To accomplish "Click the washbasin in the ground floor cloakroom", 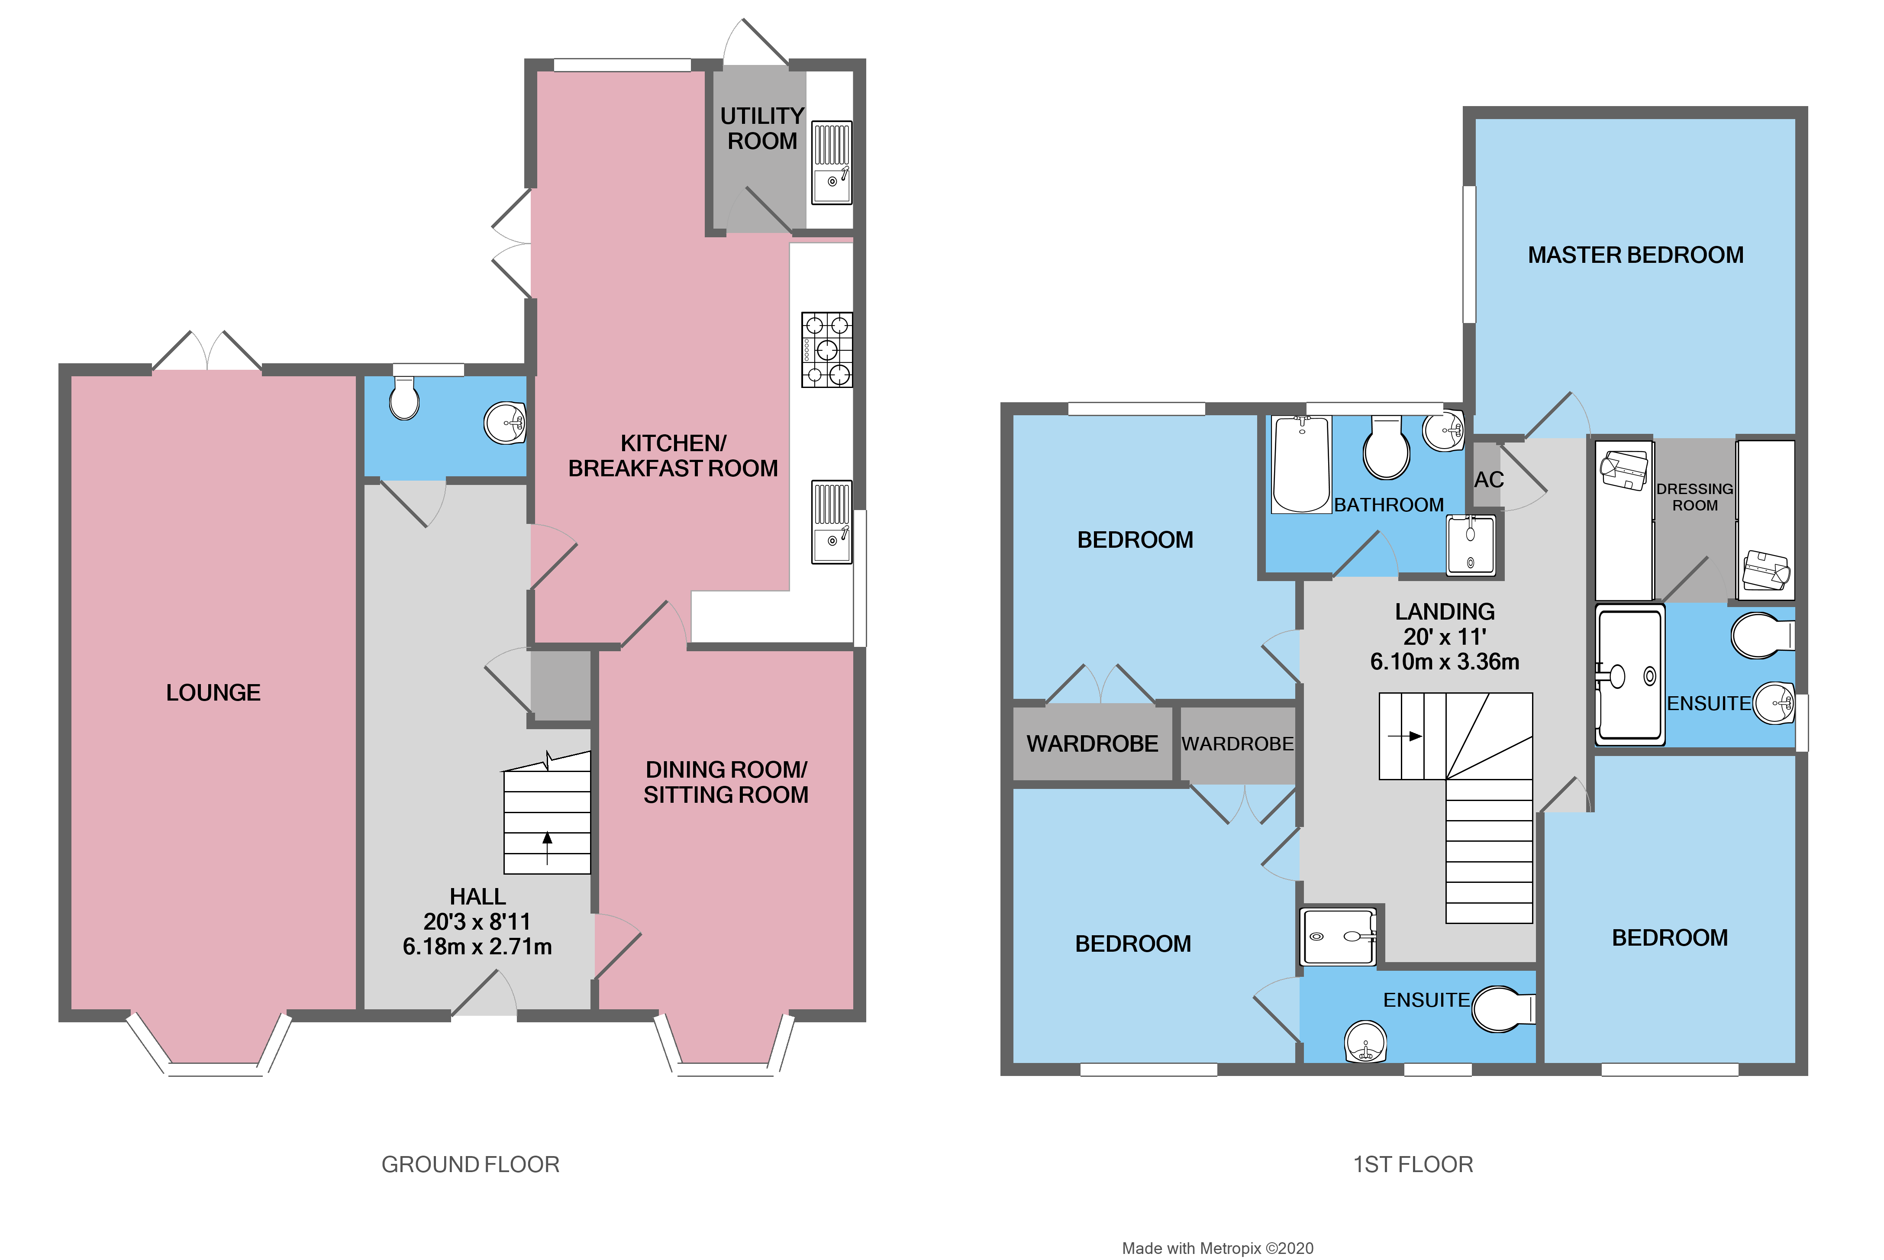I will (504, 423).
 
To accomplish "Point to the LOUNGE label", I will (213, 693).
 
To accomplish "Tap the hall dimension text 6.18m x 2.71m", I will (477, 947).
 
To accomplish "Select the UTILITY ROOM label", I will (761, 129).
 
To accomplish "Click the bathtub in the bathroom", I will (1301, 465).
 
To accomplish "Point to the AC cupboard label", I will (1488, 480).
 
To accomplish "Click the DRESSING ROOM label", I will (1694, 497).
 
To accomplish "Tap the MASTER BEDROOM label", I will (1635, 255).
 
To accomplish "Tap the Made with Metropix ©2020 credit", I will (1217, 1248).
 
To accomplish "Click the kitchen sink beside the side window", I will (831, 522).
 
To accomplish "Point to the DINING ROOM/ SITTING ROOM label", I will (726, 782).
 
